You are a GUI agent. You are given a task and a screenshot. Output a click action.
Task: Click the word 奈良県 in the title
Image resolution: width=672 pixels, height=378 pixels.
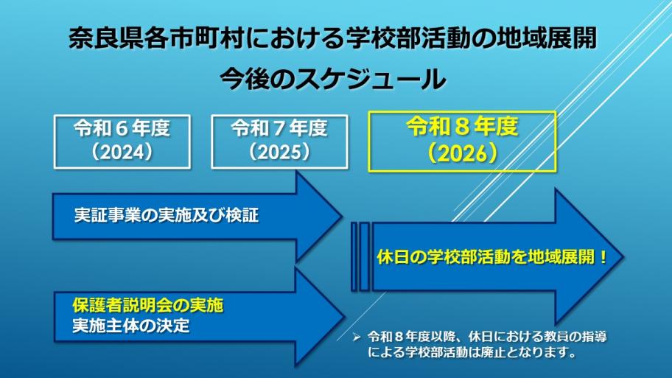(104, 38)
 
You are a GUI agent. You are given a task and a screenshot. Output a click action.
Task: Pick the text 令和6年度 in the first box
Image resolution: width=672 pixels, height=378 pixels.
(122, 129)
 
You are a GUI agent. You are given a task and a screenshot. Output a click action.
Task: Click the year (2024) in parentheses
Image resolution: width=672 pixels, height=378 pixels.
(122, 152)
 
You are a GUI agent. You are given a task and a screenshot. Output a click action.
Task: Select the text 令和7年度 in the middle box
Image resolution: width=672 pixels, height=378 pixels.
(279, 129)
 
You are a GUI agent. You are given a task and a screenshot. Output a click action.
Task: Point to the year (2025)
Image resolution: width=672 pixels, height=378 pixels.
(279, 152)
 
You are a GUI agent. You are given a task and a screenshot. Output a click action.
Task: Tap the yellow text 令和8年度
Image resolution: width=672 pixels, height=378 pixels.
(462, 127)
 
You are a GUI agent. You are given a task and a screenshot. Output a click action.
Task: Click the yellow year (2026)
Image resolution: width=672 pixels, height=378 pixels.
(462, 153)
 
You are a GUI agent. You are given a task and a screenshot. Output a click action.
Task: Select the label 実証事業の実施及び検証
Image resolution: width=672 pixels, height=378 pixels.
(167, 216)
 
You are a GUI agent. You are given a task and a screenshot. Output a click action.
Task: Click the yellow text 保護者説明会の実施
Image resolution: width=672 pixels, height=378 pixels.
(147, 304)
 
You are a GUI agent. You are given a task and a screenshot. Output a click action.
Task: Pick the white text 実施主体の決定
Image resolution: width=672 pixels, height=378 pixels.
(130, 325)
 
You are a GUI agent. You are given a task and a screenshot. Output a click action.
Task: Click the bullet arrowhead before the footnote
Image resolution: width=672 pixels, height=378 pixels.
(356, 336)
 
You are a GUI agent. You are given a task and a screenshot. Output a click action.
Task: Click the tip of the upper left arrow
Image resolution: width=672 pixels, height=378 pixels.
(341, 217)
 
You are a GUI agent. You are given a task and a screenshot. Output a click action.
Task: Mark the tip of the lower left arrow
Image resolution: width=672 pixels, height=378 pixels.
(341, 315)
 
